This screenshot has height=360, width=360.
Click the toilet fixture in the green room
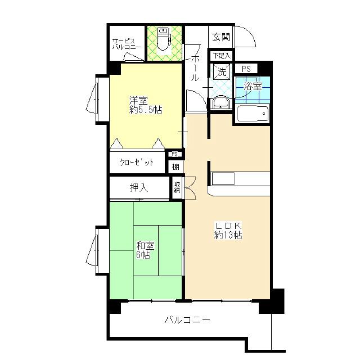click(x=164, y=39)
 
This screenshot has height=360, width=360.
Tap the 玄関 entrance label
click(x=220, y=37)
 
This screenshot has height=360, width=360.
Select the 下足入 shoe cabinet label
click(x=221, y=55)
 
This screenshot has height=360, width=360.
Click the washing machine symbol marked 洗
click(x=222, y=71)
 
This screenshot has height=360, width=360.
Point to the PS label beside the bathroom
click(x=246, y=69)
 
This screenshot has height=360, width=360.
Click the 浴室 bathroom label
click(x=253, y=87)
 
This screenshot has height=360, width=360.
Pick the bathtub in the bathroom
click(x=253, y=114)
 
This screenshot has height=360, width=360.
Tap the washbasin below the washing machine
click(x=221, y=102)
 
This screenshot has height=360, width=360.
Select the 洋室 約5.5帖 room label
click(x=146, y=105)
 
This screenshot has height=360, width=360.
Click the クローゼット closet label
click(x=137, y=163)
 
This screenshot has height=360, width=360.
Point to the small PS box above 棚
click(x=175, y=154)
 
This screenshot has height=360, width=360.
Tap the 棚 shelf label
click(x=175, y=167)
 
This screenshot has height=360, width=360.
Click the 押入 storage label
click(x=139, y=188)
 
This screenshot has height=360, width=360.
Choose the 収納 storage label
click(x=177, y=187)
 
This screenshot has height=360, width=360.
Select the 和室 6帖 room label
click(x=145, y=250)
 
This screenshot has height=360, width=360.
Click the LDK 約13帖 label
click(x=228, y=231)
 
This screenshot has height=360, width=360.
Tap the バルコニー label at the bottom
click(x=187, y=319)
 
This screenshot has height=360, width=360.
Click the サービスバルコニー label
click(x=127, y=44)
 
